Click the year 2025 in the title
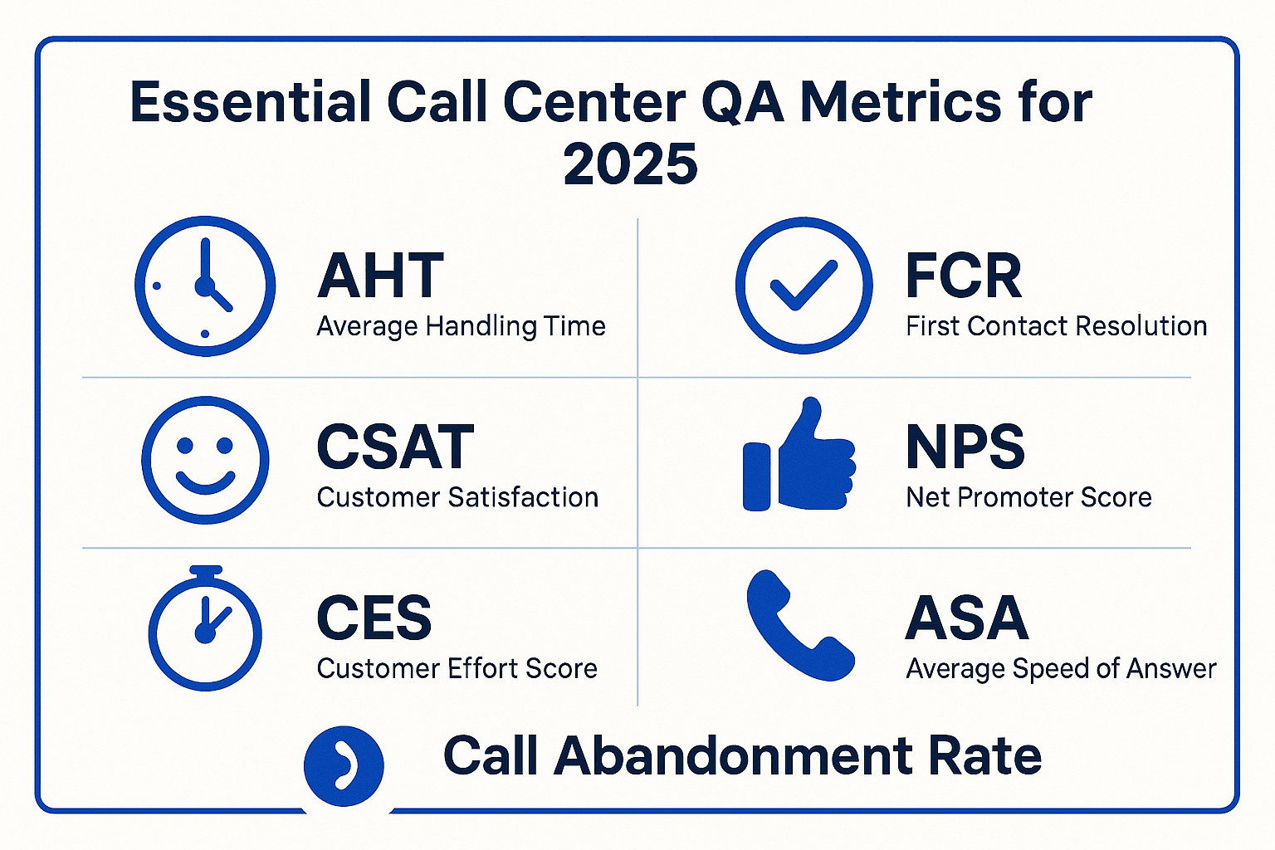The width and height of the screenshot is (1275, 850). [631, 164]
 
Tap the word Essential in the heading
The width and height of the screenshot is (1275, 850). [251, 103]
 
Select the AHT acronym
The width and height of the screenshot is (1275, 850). [380, 276]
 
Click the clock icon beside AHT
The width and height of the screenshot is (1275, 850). [205, 286]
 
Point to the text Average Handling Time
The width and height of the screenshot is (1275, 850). [461, 327]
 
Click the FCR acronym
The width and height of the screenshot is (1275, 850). [964, 276]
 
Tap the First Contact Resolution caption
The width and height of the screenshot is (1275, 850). [1057, 327]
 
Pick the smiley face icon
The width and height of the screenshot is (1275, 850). [205, 460]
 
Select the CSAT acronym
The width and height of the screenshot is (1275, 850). [395, 447]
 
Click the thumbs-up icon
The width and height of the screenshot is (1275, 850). [799, 454]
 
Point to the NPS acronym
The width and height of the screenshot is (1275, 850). [965, 447]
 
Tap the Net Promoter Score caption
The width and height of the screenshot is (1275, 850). [1028, 497]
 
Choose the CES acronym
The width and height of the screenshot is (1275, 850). [374, 618]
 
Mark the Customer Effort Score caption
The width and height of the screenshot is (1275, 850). [457, 668]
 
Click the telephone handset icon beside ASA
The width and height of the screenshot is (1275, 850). [800, 625]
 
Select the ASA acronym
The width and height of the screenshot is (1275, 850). [967, 618]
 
